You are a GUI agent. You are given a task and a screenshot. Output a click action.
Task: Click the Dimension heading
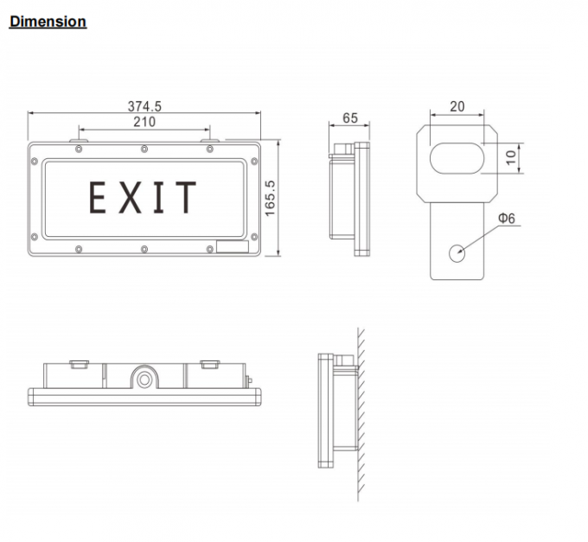pos(48,22)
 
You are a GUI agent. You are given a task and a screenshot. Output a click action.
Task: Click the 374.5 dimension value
pos(144,106)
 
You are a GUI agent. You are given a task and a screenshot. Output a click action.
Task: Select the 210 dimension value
pos(144,123)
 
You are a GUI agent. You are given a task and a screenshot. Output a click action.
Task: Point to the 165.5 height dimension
pos(270,198)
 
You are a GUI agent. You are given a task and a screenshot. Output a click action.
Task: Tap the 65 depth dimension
pos(349,118)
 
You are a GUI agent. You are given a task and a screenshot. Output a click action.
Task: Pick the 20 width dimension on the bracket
pos(457,107)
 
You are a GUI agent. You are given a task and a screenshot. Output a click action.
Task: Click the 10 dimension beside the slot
pos(510,156)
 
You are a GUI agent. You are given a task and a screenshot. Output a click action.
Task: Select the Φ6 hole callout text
pos(507,219)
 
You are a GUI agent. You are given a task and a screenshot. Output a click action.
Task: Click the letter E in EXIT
pos(99,198)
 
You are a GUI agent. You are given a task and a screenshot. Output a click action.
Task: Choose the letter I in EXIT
pos(157,198)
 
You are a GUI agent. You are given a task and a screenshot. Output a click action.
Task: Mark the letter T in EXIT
pos(185,198)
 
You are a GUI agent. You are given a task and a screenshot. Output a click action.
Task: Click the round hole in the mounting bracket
pos(457,252)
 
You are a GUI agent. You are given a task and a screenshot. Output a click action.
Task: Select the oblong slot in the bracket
pos(457,156)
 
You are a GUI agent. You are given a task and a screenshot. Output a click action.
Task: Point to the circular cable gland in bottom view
pos(145,379)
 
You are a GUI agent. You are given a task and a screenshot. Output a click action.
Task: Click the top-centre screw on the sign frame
pos(144,150)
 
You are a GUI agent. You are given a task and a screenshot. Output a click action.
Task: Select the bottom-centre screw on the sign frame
pos(144,249)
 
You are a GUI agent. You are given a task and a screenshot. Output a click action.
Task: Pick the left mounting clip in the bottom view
pos(78,364)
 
